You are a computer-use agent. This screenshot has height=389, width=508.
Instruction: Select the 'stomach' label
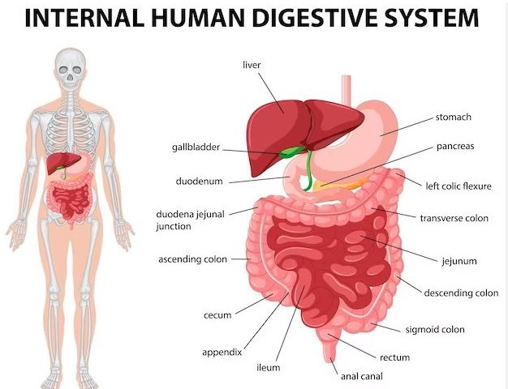click(453, 118)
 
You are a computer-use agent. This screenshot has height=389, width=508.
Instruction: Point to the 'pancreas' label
click(454, 147)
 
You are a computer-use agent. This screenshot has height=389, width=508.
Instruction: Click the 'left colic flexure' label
click(458, 186)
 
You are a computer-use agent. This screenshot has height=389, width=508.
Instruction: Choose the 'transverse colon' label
click(454, 218)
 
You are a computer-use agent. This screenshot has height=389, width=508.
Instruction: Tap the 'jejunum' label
click(458, 261)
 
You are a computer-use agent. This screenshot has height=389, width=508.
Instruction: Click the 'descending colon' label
click(461, 293)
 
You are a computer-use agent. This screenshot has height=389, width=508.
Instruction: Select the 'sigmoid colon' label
click(435, 330)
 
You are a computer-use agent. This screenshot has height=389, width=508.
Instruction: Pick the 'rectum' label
click(394, 357)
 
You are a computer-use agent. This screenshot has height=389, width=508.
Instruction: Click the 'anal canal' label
click(361, 376)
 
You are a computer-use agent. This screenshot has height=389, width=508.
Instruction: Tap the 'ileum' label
click(268, 367)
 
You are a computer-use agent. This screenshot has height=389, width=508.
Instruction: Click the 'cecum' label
click(217, 315)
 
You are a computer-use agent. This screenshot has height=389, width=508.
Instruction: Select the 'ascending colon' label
click(193, 260)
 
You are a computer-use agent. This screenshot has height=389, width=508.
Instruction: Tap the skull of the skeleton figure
click(71, 70)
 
